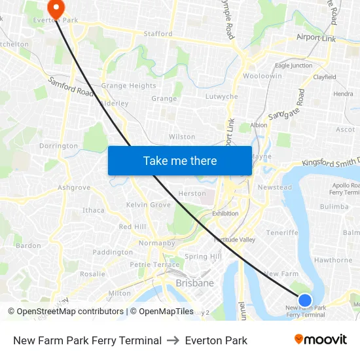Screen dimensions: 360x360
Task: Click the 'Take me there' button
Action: [180, 160]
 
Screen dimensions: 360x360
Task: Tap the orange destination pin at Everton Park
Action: [56, 9]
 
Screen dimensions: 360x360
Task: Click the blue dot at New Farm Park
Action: [305, 300]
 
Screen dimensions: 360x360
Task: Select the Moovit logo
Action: [321, 340]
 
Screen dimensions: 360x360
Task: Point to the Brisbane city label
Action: [194, 283]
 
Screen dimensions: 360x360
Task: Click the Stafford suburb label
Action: [158, 33]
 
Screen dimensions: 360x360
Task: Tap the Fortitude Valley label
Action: [234, 240]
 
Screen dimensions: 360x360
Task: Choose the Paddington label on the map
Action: [113, 252]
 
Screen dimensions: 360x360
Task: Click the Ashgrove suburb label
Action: [73, 187]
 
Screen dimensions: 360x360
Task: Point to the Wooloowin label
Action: [262, 76]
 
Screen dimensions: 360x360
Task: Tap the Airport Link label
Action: [315, 39]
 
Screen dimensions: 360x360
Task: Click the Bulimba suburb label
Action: [334, 206]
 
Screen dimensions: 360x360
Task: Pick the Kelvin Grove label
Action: [149, 205]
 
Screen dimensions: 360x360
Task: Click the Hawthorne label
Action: [333, 260]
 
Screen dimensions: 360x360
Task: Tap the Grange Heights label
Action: [128, 86]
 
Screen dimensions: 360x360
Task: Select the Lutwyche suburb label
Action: [222, 96]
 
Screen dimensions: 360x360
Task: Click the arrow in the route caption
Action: [173, 340]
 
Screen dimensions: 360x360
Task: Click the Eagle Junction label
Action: [293, 65]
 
